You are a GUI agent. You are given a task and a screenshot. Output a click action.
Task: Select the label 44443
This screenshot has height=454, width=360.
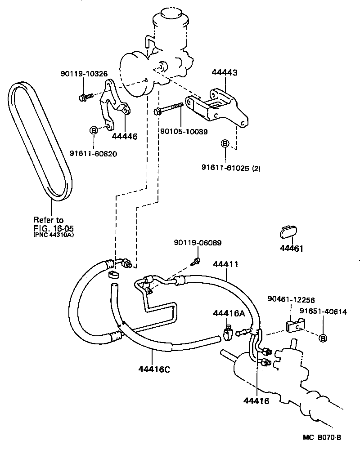pyautogui.click(x=225, y=73)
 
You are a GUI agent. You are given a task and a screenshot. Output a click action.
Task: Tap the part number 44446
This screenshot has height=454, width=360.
pyautogui.click(x=124, y=136)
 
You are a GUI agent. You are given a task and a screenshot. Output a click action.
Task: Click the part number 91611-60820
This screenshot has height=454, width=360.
pyautogui.click(x=93, y=153)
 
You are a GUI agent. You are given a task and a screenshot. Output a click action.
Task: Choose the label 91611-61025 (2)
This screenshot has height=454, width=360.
pyautogui.click(x=231, y=169)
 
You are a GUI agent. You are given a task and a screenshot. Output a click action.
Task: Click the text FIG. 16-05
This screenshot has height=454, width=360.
pyautogui.click(x=52, y=227)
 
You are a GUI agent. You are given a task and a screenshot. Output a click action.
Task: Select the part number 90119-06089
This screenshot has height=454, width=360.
pyautogui.click(x=198, y=243)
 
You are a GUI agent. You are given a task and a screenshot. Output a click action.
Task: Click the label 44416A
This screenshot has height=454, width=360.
pyautogui.click(x=229, y=313)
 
